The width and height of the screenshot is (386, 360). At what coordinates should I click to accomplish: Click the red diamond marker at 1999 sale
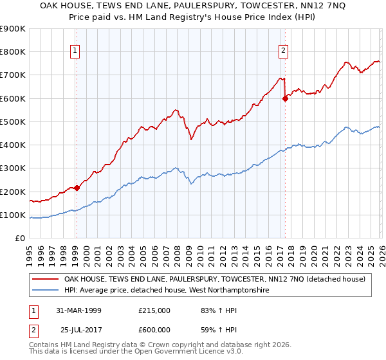pos(77,188)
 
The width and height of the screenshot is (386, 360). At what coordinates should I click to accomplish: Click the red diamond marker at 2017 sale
pos(285,98)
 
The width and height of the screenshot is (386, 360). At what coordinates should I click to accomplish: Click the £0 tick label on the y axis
pos(19,239)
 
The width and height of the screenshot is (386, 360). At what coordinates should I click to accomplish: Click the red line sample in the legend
pos(46,279)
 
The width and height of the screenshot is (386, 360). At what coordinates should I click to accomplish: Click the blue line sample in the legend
pos(46,291)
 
